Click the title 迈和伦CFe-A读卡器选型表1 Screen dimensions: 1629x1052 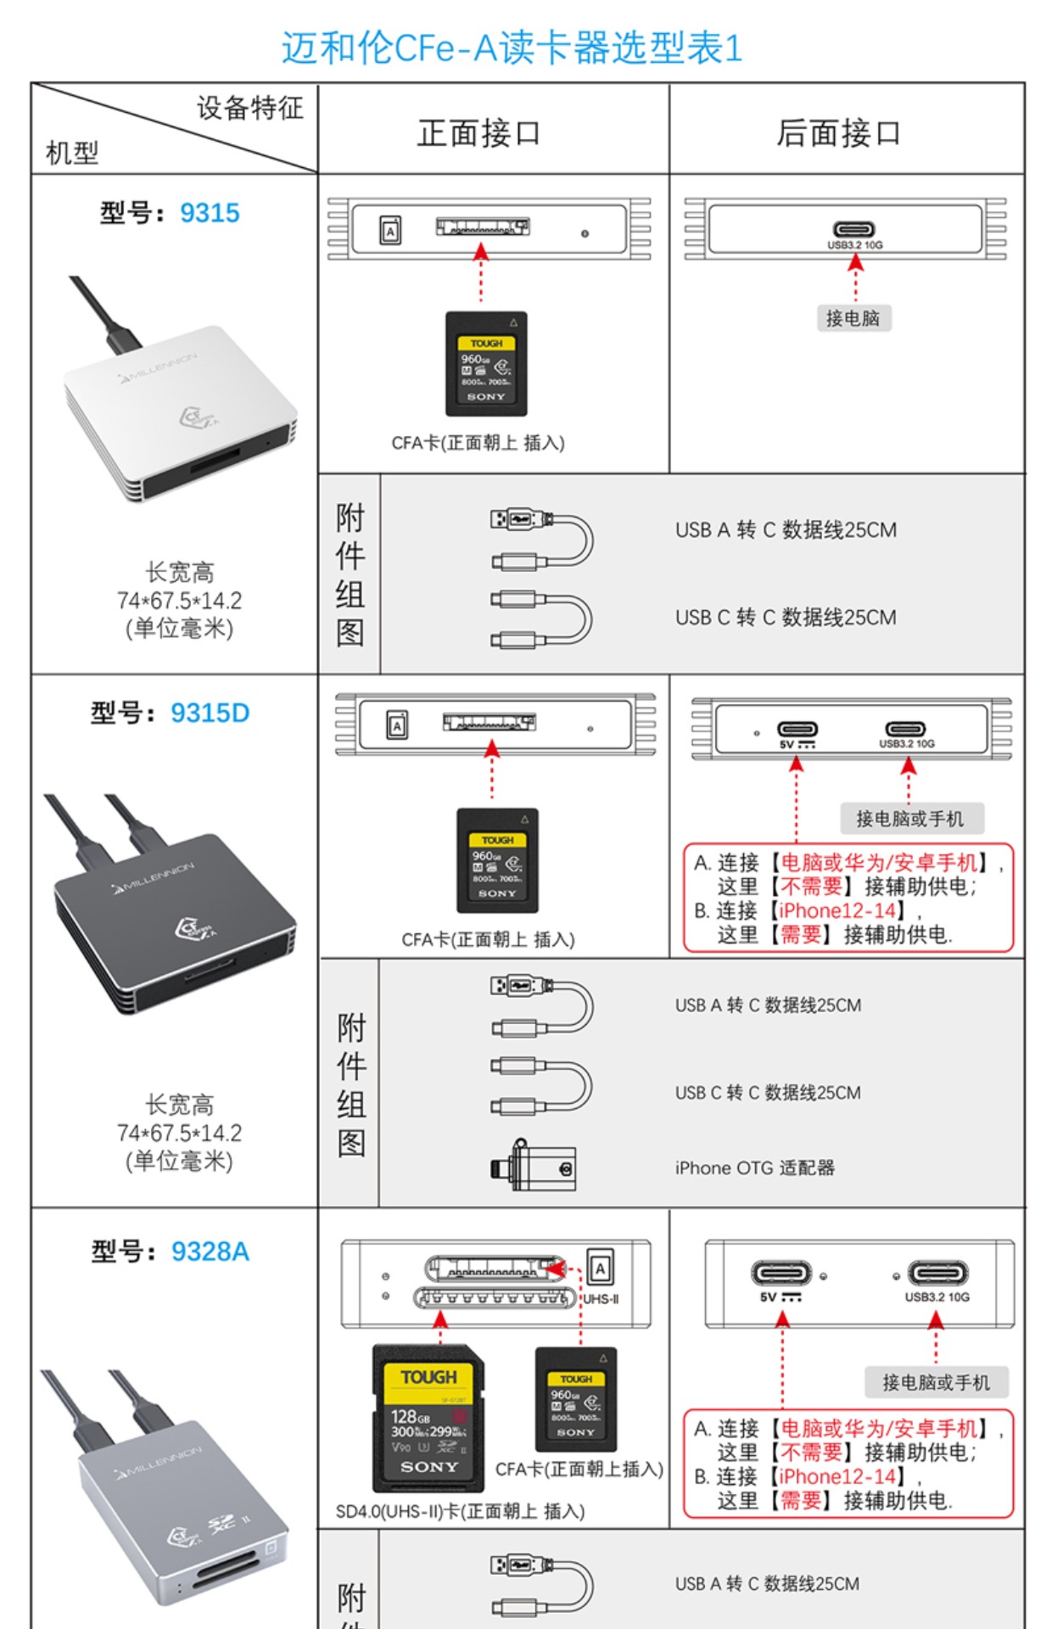pos(512,48)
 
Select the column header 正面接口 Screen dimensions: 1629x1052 pos(478,133)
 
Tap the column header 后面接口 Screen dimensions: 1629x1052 pos(838,133)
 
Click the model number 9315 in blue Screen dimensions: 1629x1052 pos(210,212)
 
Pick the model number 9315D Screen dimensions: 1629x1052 pos(210,713)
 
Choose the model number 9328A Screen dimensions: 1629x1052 pos(210,1251)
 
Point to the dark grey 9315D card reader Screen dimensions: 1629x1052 pos(174,916)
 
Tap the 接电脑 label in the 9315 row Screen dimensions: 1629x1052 pos(853,318)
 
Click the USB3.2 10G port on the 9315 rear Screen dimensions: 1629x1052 pos(854,230)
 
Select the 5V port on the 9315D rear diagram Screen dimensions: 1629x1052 pos(797,730)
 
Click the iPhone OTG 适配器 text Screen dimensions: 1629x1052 pos(754,1168)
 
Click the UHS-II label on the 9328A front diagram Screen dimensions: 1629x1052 pos(601,1299)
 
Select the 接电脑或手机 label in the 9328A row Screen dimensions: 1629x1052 pos(936,1382)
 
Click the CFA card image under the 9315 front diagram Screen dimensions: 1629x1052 pos(486,363)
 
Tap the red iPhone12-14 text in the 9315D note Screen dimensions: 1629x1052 pos(837,910)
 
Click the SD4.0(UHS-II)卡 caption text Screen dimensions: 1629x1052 pos(460,1511)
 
